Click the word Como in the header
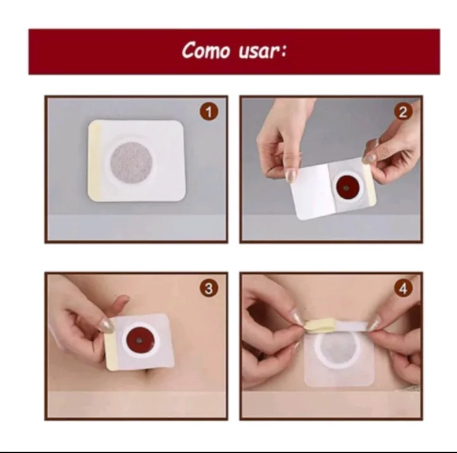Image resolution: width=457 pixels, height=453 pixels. coord(206,50)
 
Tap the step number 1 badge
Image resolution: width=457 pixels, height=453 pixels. coord(209,112)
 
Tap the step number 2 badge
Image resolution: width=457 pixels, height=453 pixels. coord(403,112)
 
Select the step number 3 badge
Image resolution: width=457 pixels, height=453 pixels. coord(209,288)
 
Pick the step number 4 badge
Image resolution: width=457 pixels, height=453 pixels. coord(403,288)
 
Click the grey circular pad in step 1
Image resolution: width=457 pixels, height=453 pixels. coord(131,163)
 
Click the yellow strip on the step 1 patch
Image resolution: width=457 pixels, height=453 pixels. coord(95,160)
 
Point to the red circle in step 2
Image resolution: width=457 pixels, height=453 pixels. coord(347,187)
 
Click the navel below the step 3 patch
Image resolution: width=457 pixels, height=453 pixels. coord(148,372)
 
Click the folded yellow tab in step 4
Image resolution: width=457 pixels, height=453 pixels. coord(321,326)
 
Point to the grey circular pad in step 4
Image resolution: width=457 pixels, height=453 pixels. coord(339,350)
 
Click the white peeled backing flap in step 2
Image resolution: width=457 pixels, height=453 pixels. coord(312,191)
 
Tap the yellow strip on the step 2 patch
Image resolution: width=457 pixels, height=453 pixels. coord(369,184)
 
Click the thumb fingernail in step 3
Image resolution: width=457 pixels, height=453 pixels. coord(107,326)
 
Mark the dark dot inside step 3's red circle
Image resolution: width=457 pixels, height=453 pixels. coord(139,340)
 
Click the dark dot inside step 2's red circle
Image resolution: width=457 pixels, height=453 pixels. coord(346,188)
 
